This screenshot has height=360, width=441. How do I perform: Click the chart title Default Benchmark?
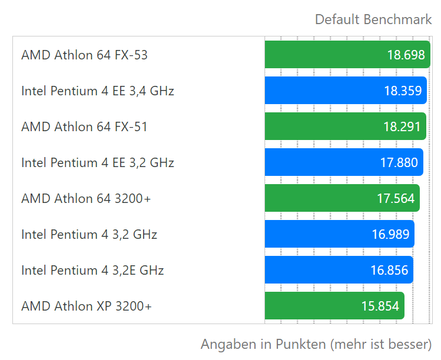(373, 19)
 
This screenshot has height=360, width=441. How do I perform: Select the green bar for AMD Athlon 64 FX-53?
(347, 55)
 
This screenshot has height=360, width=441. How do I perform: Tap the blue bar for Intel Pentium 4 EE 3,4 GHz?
(346, 91)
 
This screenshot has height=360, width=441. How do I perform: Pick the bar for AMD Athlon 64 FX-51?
(346, 126)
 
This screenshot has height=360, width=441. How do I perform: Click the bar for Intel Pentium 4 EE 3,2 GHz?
(344, 162)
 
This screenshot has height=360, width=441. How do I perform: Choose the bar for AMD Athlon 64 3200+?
(342, 198)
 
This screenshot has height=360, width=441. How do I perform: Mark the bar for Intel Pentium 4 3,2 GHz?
(340, 234)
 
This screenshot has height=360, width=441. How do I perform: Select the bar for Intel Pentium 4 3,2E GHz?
(339, 270)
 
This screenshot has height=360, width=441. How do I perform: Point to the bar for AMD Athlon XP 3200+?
(334, 306)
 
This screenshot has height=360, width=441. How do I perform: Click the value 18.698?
(406, 55)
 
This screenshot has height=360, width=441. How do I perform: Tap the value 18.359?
(403, 91)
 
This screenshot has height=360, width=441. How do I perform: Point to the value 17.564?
(396, 198)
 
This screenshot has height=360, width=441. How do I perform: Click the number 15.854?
(380, 306)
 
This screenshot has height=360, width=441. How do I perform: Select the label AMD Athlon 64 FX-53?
(84, 55)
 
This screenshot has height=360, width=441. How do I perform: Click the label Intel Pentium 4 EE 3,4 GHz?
(98, 91)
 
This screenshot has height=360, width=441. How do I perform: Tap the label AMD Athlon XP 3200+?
(87, 306)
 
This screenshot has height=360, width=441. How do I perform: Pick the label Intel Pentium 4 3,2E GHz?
(92, 270)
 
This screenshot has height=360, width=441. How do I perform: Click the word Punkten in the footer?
(300, 344)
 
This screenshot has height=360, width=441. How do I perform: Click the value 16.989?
(390, 234)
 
